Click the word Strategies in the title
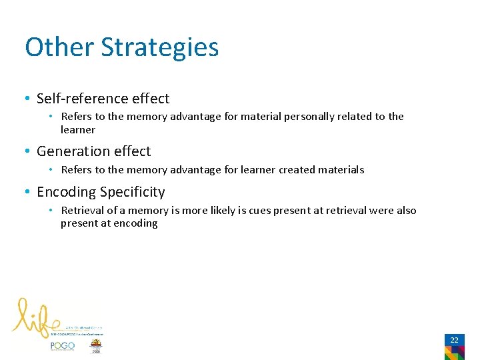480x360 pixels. (159, 48)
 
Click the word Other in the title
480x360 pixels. (59, 48)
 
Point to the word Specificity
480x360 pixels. (132, 192)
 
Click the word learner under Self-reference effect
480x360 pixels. (78, 130)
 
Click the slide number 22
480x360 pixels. (454, 340)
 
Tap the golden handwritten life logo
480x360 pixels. (37, 316)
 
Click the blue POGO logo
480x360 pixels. (63, 346)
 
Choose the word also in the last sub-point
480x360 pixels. (405, 211)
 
